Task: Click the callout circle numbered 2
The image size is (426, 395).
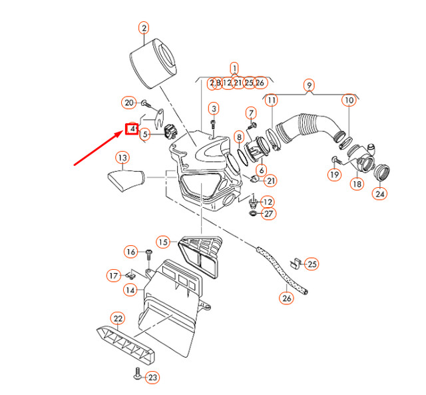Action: click(x=144, y=27)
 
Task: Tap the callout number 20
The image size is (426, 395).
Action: click(x=129, y=103)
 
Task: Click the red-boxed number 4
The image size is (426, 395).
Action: click(x=132, y=128)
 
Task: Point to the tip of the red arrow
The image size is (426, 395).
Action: click(x=124, y=133)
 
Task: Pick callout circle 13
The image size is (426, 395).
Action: click(x=122, y=158)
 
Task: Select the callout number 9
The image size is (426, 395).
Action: click(x=308, y=85)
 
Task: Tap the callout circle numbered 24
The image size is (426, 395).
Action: click(x=379, y=195)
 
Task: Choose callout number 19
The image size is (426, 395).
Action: click(x=334, y=175)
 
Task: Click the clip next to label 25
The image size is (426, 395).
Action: click(x=295, y=261)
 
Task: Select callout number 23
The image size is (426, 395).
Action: click(x=152, y=378)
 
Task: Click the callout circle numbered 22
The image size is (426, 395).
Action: click(x=117, y=318)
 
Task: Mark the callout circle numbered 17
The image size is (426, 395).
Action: click(x=114, y=275)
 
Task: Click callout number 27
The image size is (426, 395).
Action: click(x=268, y=214)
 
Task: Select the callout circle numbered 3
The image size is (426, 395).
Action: click(x=214, y=109)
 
